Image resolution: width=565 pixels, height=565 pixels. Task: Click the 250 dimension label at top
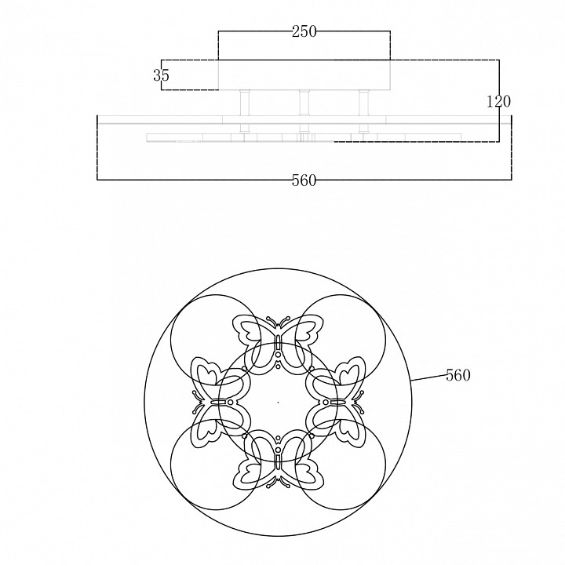tap(304, 31)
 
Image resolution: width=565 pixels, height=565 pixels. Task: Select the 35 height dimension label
tap(161, 75)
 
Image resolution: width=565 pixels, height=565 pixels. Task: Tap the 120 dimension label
tap(499, 101)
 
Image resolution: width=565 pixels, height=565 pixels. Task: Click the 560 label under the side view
tap(304, 180)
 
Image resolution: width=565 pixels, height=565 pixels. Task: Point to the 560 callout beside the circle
tap(458, 375)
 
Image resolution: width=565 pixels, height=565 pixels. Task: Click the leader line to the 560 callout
tap(428, 377)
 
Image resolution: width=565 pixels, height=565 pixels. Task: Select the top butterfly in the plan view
tap(278, 341)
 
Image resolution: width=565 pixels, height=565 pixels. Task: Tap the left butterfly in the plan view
tap(217, 402)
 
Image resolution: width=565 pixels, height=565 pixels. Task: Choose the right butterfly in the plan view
tap(338, 402)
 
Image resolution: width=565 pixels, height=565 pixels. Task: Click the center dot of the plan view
tap(278, 402)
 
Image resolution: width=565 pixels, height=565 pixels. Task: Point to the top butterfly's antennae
tap(278, 323)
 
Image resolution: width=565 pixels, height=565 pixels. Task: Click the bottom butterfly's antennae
tap(278, 482)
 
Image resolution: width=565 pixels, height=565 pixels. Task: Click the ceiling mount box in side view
tap(304, 75)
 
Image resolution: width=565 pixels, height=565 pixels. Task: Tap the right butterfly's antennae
tap(358, 402)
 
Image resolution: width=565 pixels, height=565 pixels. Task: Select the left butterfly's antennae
tap(198, 402)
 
